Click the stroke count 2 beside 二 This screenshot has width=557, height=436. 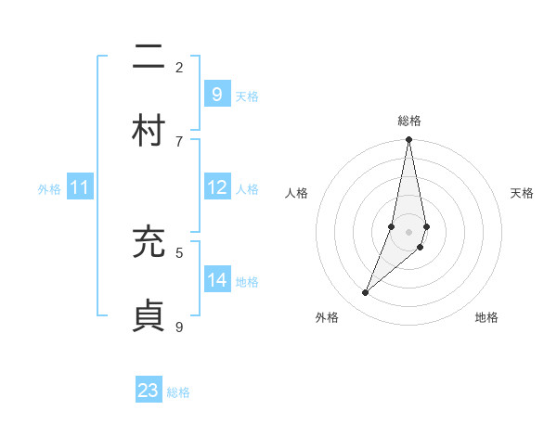coord(179,67)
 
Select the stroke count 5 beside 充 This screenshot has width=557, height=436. coord(179,251)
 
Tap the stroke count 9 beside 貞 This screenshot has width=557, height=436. coord(179,326)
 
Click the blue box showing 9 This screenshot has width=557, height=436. coord(216,94)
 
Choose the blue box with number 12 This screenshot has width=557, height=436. coord(217,187)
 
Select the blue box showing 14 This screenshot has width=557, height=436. coord(217,279)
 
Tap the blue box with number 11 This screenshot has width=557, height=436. coord(79,187)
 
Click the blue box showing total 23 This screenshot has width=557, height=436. coord(149,391)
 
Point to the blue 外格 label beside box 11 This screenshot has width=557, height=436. coord(49,189)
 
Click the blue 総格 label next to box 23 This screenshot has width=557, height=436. coord(178,392)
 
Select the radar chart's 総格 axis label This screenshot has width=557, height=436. coord(408,121)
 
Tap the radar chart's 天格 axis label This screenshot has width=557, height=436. coord(522,193)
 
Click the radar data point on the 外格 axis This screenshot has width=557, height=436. coord(365,293)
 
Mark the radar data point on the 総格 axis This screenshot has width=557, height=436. coord(408,140)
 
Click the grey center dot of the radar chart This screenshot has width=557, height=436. coord(408,232)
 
